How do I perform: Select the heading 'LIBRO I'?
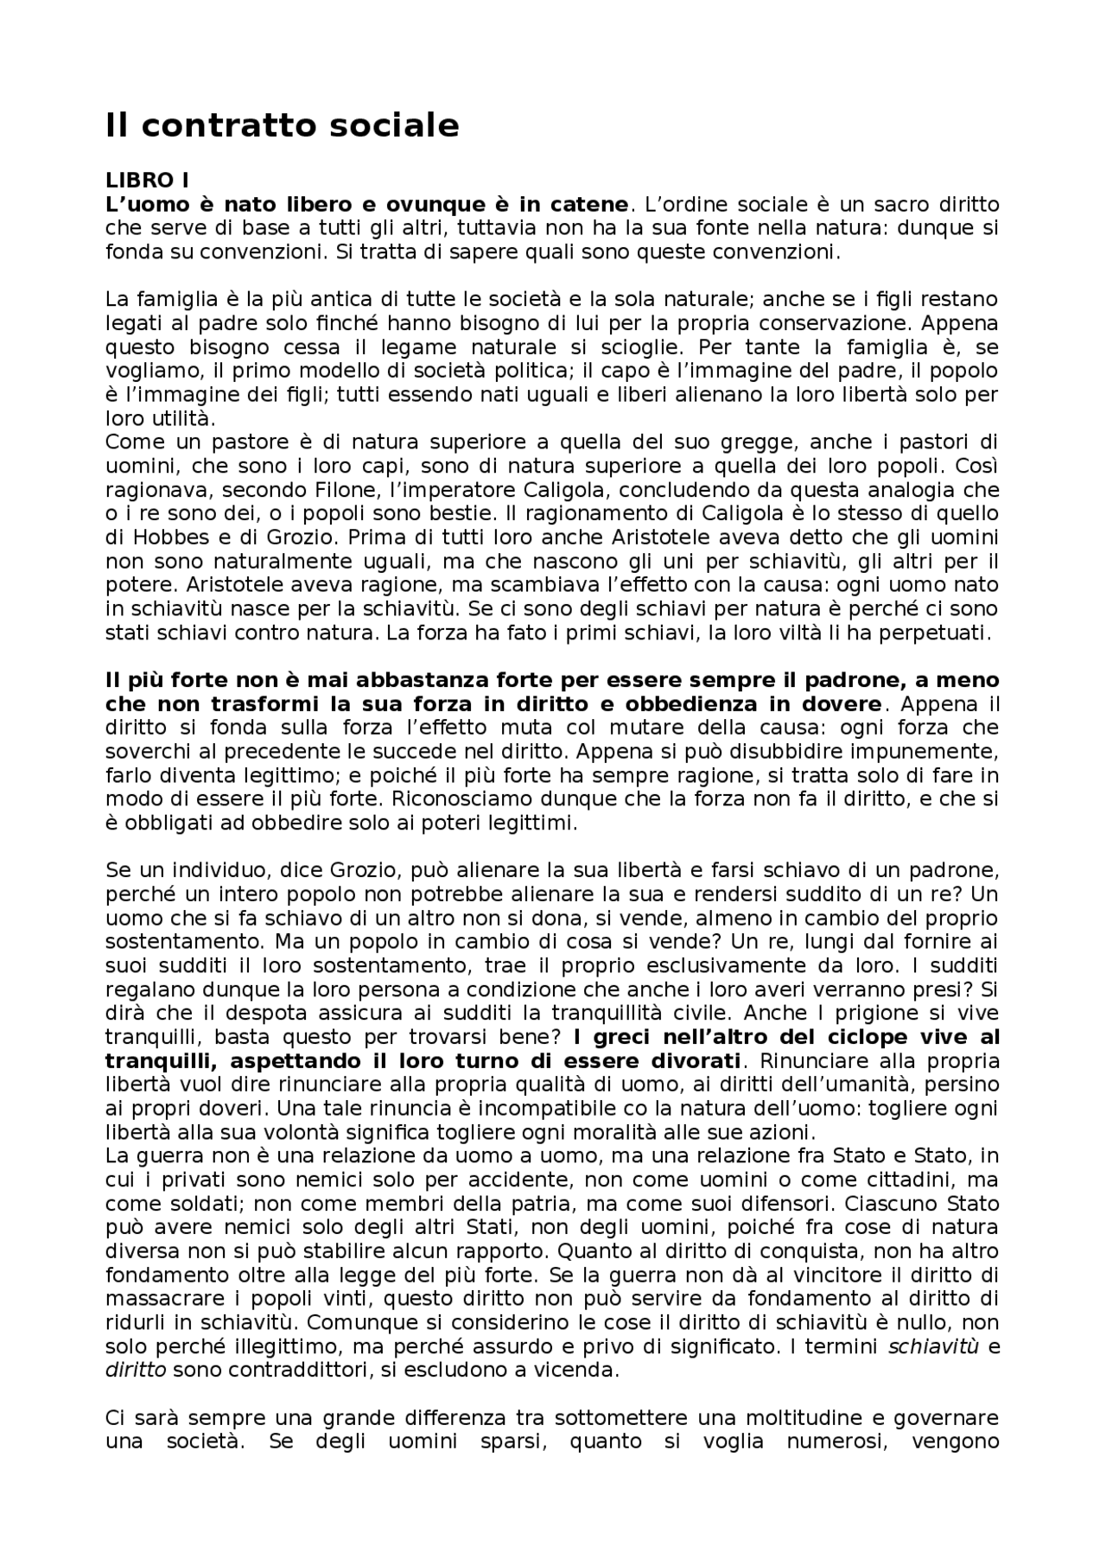(147, 181)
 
